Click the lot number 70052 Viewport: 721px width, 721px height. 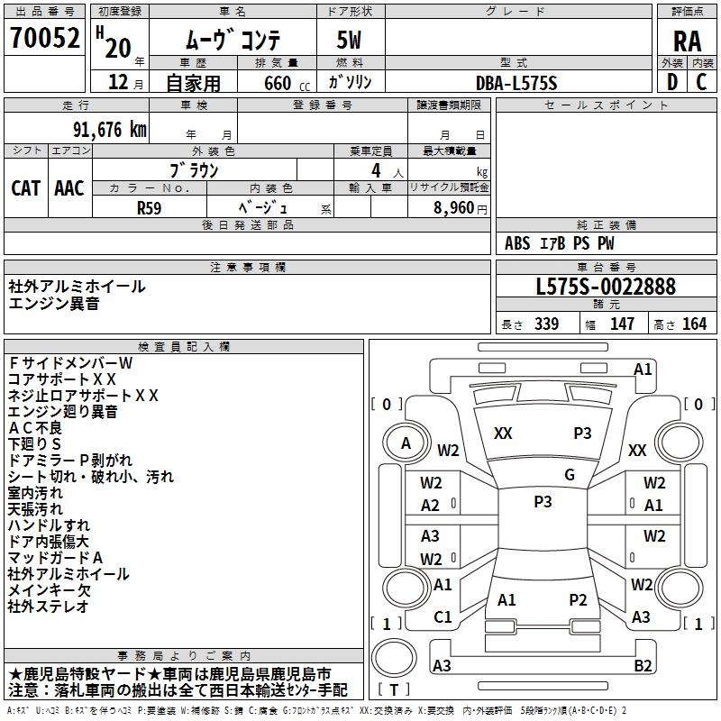(43, 39)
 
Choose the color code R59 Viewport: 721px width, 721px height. (149, 206)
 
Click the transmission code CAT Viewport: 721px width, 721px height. (25, 187)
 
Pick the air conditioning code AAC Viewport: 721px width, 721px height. (68, 187)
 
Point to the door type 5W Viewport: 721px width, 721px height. (351, 40)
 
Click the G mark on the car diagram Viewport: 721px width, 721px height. (569, 474)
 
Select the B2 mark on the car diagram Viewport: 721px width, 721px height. (643, 665)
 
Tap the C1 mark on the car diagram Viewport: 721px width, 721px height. (443, 616)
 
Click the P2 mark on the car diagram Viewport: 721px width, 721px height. (578, 599)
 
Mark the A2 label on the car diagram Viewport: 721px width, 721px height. (431, 506)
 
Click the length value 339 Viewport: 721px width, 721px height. (545, 324)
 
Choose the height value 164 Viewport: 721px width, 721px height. (694, 324)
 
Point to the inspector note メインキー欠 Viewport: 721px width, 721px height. (49, 590)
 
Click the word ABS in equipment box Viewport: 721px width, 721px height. (517, 243)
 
